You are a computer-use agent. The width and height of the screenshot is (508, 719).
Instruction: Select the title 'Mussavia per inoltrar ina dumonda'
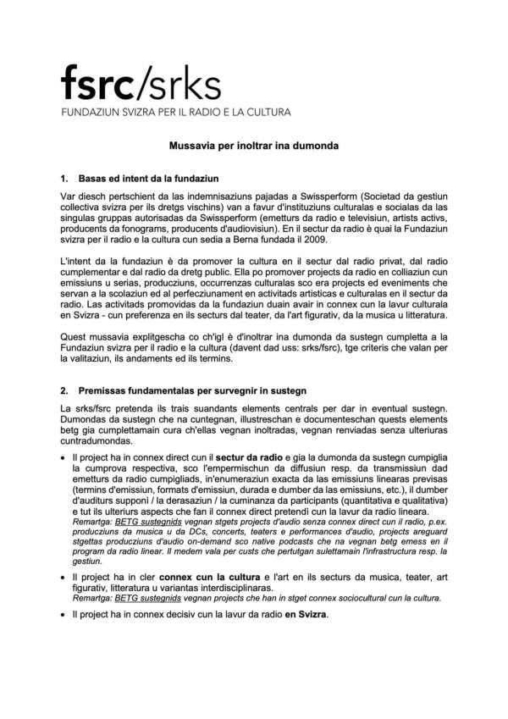pyautogui.click(x=253, y=146)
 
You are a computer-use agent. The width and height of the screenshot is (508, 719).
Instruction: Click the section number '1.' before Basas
pyautogui.click(x=64, y=180)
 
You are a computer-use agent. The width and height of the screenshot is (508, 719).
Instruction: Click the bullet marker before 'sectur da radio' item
pyautogui.click(x=64, y=457)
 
